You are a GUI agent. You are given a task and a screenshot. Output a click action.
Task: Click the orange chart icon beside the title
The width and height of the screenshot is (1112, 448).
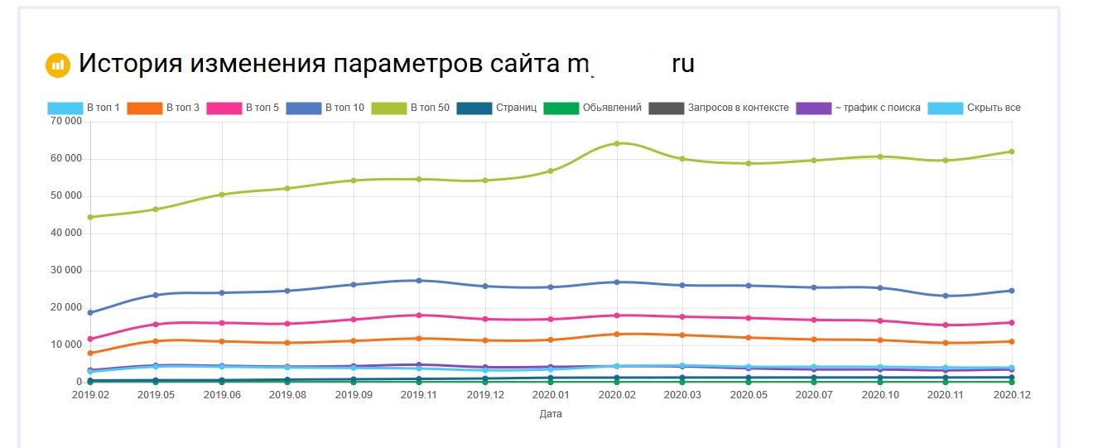coord(58,65)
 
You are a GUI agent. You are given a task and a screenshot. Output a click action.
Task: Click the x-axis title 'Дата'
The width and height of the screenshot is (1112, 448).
coord(551,414)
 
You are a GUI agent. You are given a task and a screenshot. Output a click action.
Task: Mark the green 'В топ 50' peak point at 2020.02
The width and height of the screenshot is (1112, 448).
coord(617,143)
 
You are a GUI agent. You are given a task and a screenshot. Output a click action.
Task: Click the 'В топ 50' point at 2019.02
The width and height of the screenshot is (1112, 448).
coord(90,217)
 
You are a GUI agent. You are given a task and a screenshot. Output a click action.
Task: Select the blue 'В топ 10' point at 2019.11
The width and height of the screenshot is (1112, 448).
coord(419,281)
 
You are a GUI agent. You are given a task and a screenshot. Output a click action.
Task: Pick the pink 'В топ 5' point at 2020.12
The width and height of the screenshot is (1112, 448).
coord(1012,323)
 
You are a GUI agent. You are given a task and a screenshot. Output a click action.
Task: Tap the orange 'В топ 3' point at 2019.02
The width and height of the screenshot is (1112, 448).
coord(90,354)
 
